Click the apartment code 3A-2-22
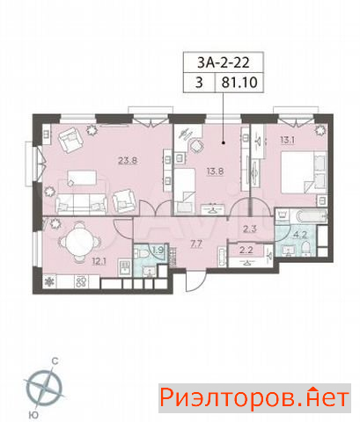tap(224, 62)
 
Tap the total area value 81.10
tap(239, 83)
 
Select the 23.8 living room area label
tap(129, 161)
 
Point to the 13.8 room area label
tap(215, 171)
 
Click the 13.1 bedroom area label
tap(287, 140)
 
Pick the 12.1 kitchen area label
tap(99, 261)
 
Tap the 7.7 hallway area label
tap(196, 244)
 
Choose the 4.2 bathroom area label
tap(300, 235)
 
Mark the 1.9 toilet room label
tap(158, 250)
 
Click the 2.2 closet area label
tap(246, 250)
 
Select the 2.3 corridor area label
tap(250, 229)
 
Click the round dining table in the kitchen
tap(79, 243)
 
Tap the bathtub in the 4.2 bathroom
tap(311, 217)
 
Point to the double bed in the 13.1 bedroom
tap(304, 172)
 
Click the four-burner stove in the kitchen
tap(81, 281)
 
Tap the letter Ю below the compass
tap(34, 414)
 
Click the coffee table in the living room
tap(82, 178)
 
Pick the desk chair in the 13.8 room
tap(196, 146)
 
